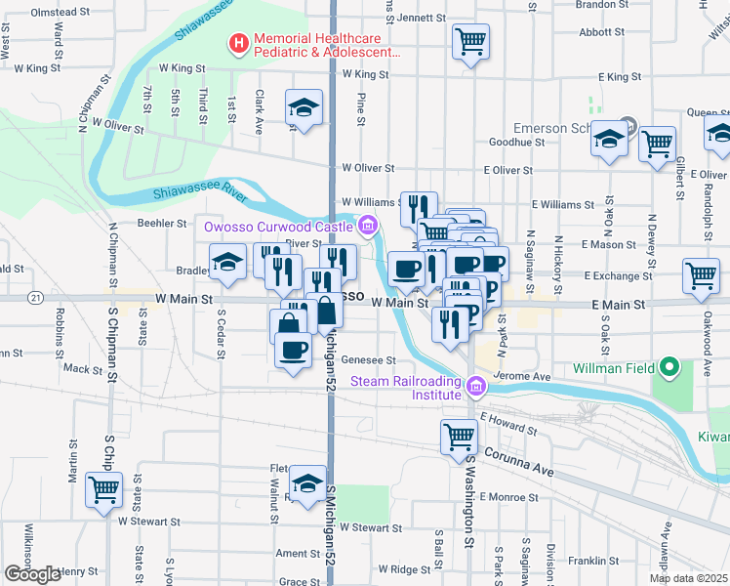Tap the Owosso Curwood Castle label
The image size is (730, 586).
coord(276,227)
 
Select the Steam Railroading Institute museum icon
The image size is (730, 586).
coord(476,388)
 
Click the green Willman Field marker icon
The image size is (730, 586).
coord(669,369)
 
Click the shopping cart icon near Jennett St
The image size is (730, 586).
coord(470,41)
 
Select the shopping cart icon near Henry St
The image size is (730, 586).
coord(103,489)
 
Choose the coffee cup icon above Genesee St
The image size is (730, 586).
coord(292,349)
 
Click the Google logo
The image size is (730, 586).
coord(32,573)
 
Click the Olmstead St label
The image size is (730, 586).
coord(61,13)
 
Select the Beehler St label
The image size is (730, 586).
coord(162,223)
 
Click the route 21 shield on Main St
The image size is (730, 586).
coord(36,297)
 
